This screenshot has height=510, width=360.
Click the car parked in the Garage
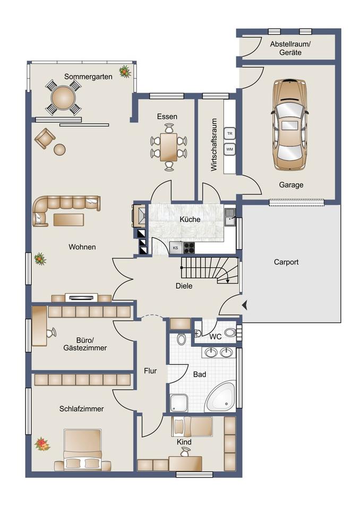(x=289, y=124)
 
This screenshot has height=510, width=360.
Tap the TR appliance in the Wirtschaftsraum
(x=229, y=134)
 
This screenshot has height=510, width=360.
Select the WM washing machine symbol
(x=229, y=149)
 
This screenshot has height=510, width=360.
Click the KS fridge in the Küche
(x=176, y=248)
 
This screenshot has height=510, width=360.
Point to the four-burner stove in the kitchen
(x=189, y=248)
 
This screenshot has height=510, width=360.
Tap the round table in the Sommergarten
(x=63, y=98)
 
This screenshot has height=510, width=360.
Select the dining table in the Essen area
(x=168, y=147)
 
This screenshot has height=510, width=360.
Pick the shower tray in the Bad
(x=179, y=403)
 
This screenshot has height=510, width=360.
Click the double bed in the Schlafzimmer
(x=83, y=450)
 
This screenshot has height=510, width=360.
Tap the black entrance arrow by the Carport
(x=245, y=305)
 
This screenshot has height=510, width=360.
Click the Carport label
(x=286, y=262)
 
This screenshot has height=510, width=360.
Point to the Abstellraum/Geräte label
(x=290, y=48)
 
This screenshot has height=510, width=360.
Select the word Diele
(x=184, y=286)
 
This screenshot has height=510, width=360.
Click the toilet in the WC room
(x=230, y=333)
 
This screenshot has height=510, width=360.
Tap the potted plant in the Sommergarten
(x=125, y=71)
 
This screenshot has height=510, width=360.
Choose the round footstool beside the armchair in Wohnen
(x=60, y=150)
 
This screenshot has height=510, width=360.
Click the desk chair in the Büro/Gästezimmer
(x=51, y=333)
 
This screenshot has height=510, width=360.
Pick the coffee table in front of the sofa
(x=68, y=219)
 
